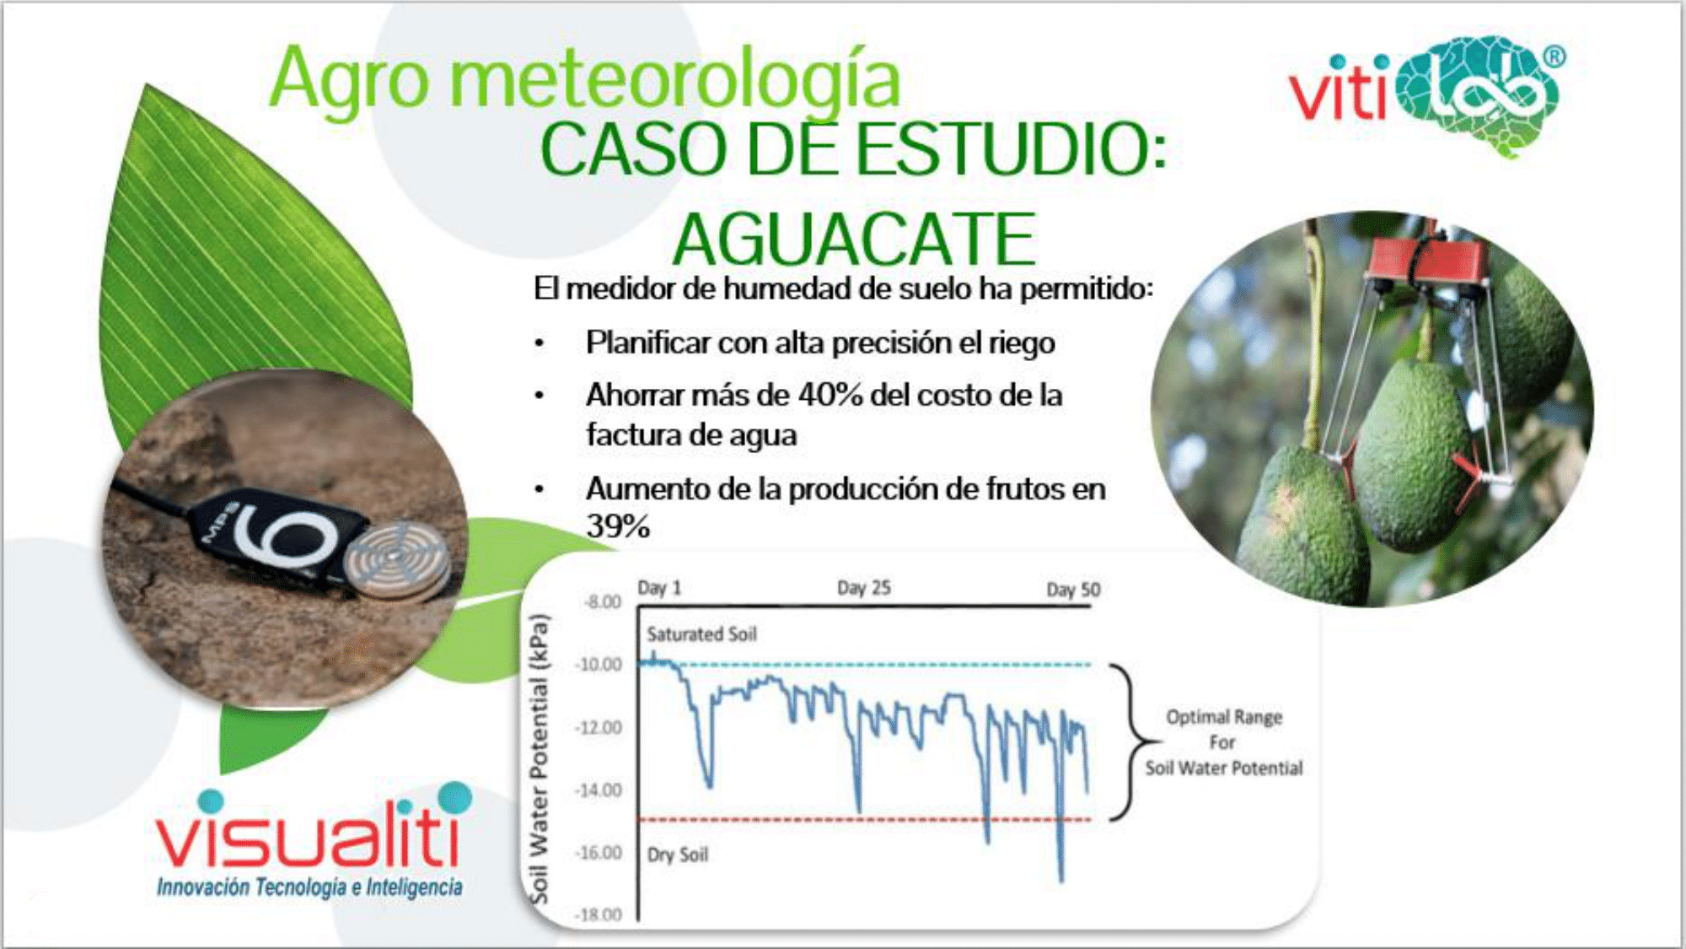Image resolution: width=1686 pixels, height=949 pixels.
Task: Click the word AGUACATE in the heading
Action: point(854,240)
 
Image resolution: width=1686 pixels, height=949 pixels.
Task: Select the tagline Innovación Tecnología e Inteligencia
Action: point(309,887)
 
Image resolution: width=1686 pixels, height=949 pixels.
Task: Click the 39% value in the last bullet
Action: point(618,527)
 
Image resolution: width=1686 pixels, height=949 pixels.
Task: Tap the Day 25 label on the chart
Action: point(863,588)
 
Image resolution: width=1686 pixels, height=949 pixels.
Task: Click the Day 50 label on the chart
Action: point(1073,590)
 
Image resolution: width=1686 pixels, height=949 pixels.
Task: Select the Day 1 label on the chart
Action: point(659,588)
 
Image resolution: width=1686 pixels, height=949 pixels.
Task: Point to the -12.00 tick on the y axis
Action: point(598,728)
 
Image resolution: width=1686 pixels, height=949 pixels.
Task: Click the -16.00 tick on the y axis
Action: point(598,853)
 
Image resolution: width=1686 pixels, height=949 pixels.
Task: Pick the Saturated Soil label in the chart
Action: point(701,634)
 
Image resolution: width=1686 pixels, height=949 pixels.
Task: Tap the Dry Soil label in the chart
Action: point(678,855)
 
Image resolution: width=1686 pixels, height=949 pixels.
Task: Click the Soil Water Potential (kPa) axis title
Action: point(539,759)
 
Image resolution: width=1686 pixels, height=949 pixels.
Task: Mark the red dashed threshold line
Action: point(864,819)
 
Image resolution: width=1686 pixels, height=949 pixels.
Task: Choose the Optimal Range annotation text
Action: point(1224,742)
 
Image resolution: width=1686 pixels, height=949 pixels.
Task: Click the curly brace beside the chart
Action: point(1134,742)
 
